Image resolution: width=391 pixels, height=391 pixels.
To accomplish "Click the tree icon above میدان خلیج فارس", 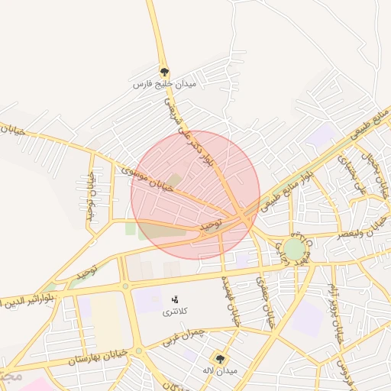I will pyautogui.click(x=164, y=73).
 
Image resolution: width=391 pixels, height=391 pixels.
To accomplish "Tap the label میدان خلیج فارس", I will pyautogui.click(x=164, y=83).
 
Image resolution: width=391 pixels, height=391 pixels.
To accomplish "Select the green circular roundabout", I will pyautogui.click(x=294, y=249).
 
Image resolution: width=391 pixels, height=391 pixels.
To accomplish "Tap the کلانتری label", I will pyautogui.click(x=176, y=312).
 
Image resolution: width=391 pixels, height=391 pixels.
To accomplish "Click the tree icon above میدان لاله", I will pyautogui.click(x=221, y=358).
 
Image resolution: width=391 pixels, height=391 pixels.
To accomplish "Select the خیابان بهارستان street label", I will pyautogui.click(x=94, y=357).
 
